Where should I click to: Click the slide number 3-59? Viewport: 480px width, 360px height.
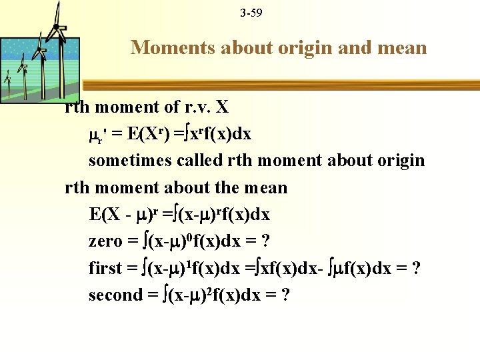coord(251,11)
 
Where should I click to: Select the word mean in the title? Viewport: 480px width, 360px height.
coord(403,47)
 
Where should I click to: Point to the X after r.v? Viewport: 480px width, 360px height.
coord(222,107)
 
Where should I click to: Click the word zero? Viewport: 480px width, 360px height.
coord(105,241)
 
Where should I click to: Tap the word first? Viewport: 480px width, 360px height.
coord(105,268)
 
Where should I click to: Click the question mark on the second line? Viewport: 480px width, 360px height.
coord(285,295)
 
